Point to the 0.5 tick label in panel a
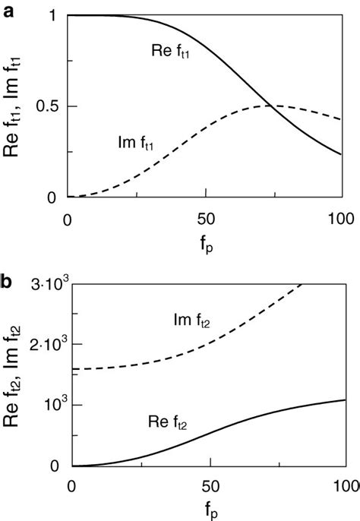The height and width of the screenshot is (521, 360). point(43,106)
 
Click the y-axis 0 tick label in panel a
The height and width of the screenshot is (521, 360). point(52,197)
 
